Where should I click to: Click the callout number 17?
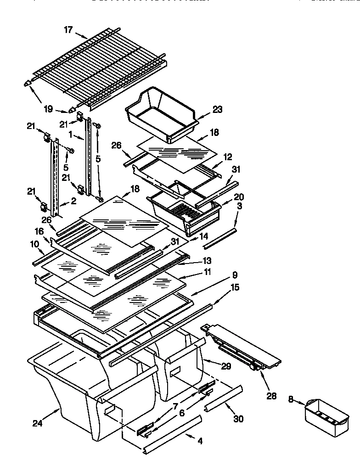click(x=68, y=30)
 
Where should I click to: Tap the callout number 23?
click(x=218, y=109)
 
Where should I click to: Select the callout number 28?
click(x=271, y=395)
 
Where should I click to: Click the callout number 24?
click(x=37, y=423)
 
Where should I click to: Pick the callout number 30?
click(x=238, y=419)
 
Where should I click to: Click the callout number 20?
click(x=239, y=197)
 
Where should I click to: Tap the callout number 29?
click(x=225, y=366)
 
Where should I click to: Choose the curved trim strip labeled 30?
click(x=223, y=398)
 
